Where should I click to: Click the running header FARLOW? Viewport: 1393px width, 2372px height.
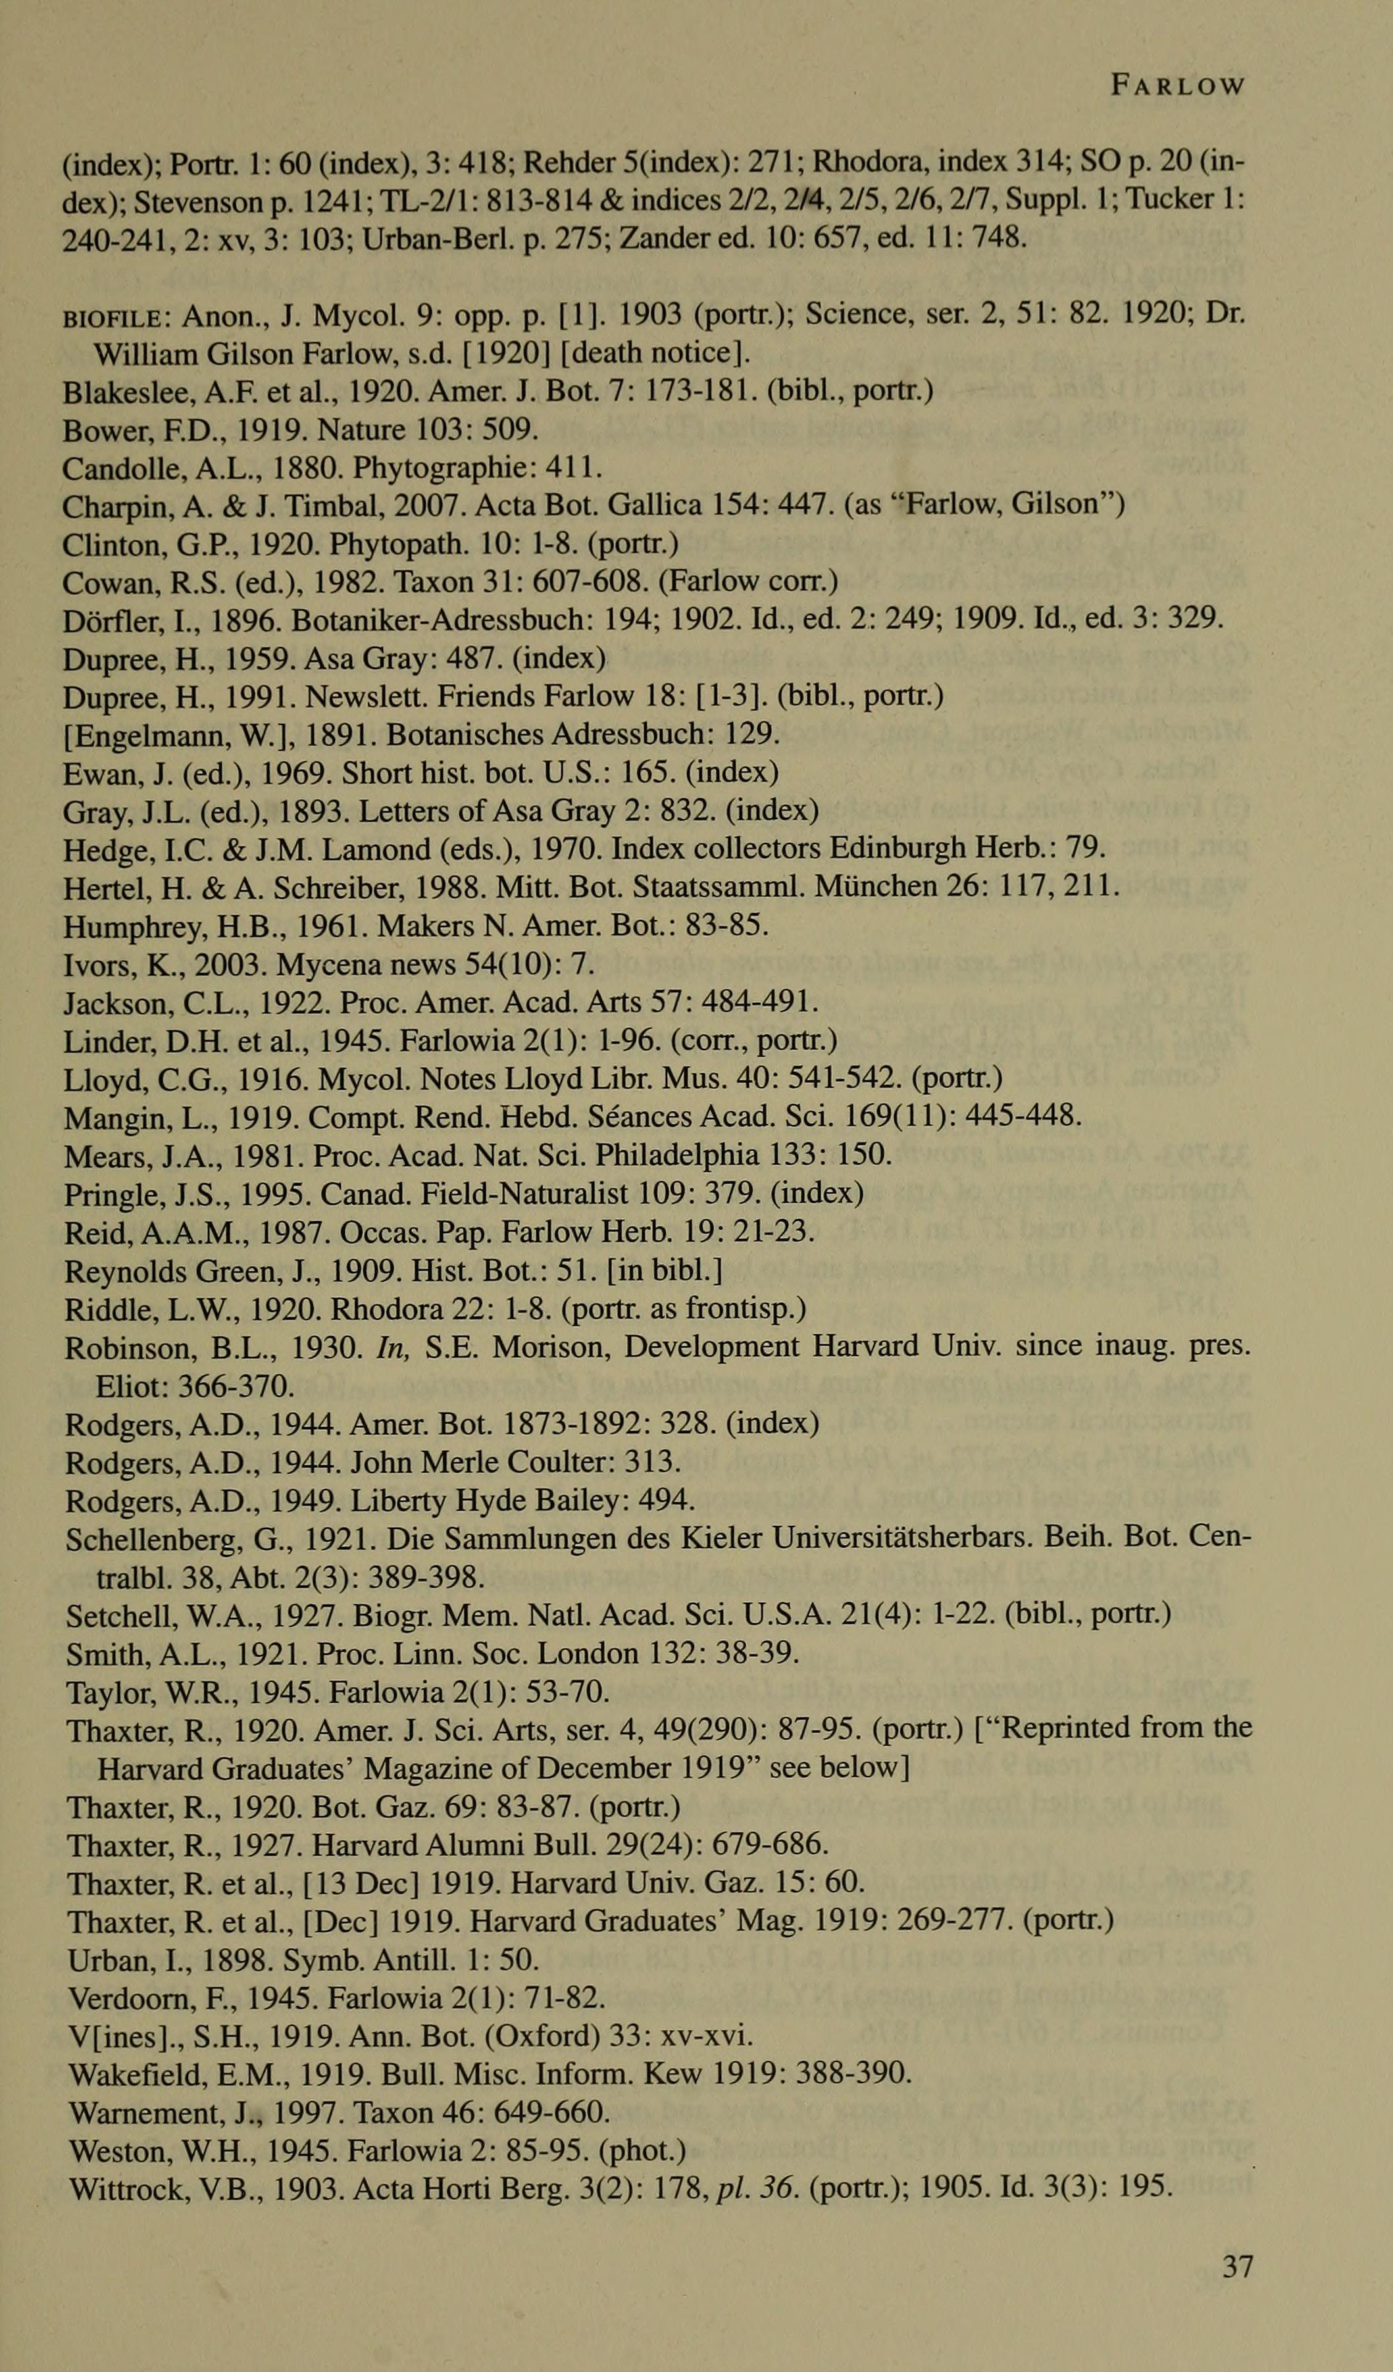(1177, 87)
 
